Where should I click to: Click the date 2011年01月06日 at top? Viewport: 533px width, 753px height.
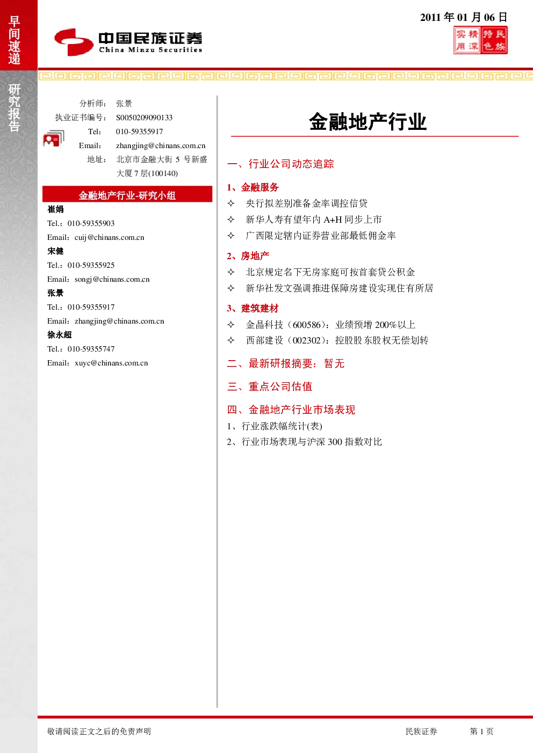tap(463, 17)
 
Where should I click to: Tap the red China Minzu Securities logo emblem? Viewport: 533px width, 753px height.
tap(74, 42)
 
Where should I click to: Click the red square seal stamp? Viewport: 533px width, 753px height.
tap(480, 40)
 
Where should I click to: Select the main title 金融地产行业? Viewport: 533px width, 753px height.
tap(368, 121)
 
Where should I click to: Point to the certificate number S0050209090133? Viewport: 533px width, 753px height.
tap(144, 118)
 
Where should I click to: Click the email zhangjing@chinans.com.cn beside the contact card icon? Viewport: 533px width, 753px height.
tap(161, 145)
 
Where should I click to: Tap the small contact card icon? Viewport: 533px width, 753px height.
tap(54, 138)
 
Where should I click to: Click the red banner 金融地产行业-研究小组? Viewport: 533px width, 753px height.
tap(127, 194)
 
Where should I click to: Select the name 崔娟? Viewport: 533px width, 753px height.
tap(55, 209)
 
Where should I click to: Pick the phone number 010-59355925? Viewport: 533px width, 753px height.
tap(91, 265)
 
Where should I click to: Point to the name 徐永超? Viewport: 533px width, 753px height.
tap(60, 334)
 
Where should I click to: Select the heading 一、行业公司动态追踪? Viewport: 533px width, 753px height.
tap(280, 164)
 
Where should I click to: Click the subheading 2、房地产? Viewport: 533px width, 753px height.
tap(248, 256)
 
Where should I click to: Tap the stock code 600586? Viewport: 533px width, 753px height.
tap(307, 325)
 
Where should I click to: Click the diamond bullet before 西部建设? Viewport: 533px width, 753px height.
tap(231, 340)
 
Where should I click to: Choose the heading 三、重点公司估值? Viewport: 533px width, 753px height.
tap(270, 386)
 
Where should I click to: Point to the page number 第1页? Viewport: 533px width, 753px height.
tap(481, 731)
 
